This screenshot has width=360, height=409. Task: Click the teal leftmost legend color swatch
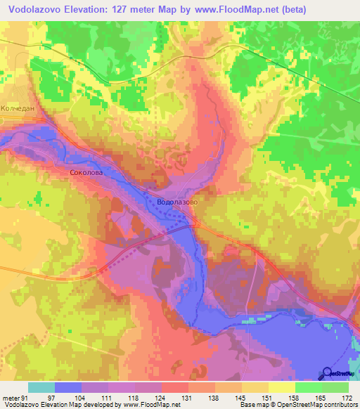(x=41, y=387)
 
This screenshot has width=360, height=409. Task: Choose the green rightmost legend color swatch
(x=335, y=387)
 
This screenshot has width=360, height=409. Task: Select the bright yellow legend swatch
(x=282, y=387)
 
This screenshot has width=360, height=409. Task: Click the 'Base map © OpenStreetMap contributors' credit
(x=297, y=404)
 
